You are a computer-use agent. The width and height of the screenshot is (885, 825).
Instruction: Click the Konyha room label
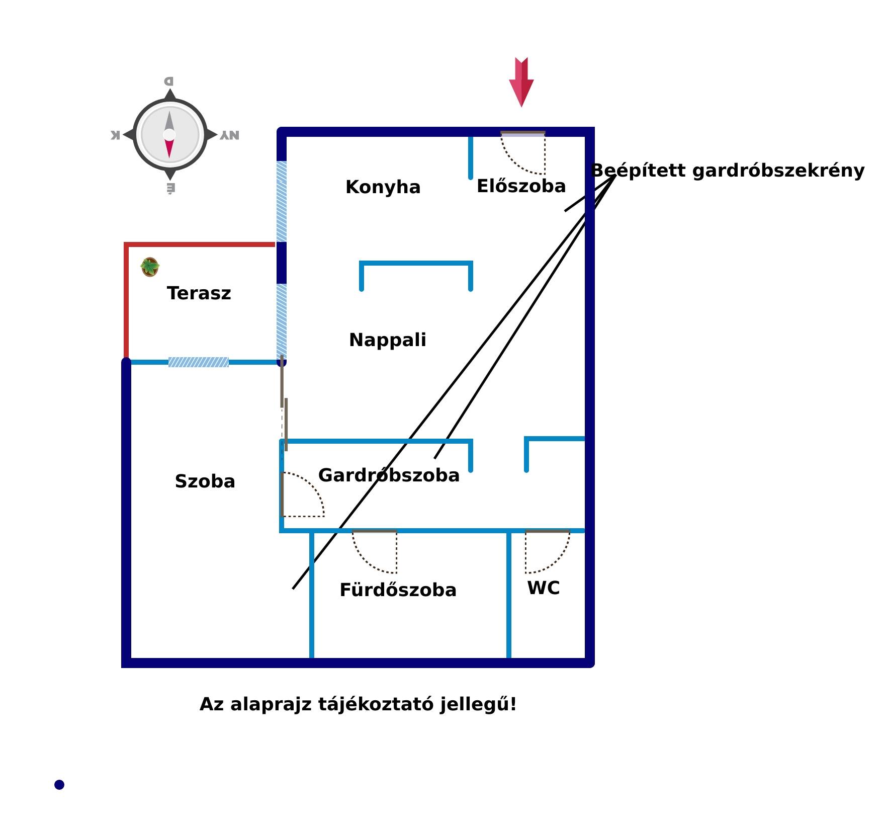383,187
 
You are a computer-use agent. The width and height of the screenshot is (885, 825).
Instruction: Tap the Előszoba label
521,186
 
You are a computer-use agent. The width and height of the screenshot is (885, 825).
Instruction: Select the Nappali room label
387,340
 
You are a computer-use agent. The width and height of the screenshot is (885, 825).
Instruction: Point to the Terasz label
199,293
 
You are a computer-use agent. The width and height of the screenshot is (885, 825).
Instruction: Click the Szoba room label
205,481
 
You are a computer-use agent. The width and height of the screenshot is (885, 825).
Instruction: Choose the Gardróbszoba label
389,475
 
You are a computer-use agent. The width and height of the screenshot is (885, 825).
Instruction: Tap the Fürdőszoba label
398,590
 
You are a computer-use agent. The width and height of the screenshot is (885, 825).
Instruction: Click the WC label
543,588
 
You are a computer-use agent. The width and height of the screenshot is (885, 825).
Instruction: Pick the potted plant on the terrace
150,267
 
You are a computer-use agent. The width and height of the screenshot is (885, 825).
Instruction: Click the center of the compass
169,135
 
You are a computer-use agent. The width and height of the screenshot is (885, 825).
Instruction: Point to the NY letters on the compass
229,135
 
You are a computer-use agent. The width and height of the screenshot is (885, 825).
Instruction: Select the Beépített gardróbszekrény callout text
727,171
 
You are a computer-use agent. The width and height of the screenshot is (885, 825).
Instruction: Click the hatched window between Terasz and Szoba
199,362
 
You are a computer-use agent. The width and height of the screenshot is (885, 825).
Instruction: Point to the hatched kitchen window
282,201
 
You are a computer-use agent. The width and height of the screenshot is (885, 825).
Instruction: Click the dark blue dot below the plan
59,785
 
